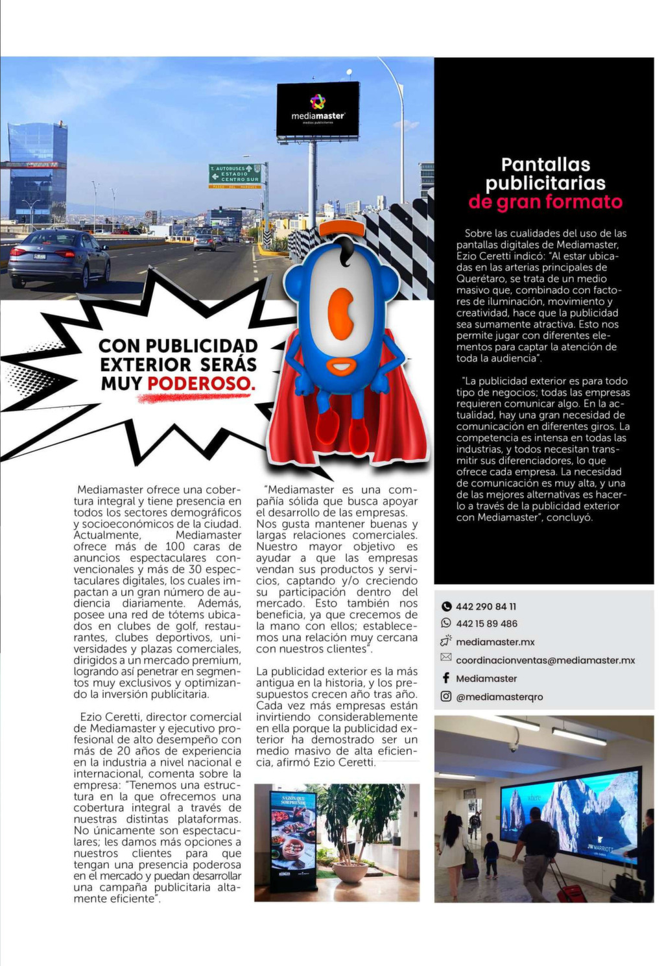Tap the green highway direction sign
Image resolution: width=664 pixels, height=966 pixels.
pyautogui.click(x=235, y=174)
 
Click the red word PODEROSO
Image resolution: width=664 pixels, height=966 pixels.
pyautogui.click(x=201, y=383)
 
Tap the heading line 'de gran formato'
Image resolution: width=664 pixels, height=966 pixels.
pyautogui.click(x=545, y=202)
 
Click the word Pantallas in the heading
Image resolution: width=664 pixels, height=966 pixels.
pyautogui.click(x=545, y=165)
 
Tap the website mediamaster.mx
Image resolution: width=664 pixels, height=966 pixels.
pyautogui.click(x=495, y=642)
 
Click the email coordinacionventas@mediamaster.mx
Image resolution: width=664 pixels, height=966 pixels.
pyautogui.click(x=545, y=660)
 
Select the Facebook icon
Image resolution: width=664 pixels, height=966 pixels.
pyautogui.click(x=446, y=678)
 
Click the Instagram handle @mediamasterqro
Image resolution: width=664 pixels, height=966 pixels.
pyautogui.click(x=499, y=697)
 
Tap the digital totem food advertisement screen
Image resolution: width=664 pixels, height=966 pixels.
pyautogui.click(x=292, y=837)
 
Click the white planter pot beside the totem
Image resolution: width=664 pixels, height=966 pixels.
pyautogui.click(x=350, y=871)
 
